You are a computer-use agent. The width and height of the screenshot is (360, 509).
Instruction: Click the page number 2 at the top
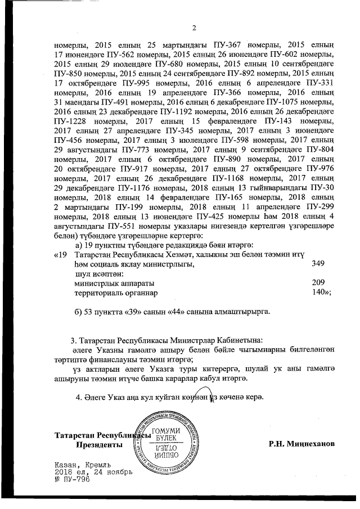[x=193, y=29]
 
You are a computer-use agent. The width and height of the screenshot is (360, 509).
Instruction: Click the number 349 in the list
[x=318, y=263]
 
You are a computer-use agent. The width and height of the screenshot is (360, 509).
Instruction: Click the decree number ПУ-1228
[x=67, y=121]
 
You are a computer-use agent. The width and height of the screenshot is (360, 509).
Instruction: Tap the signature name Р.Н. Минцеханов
[x=302, y=444]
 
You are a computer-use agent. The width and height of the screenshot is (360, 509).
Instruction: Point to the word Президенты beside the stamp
[x=99, y=444]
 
